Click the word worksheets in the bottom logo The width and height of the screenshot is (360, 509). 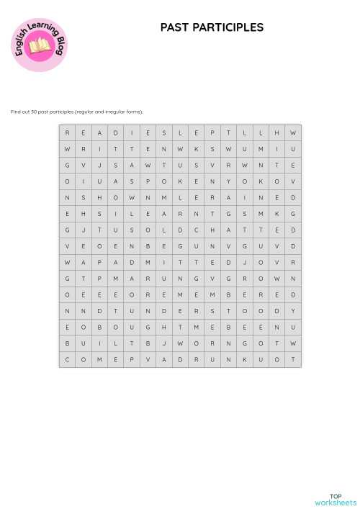tap(336, 502)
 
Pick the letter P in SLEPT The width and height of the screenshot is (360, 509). tap(212, 133)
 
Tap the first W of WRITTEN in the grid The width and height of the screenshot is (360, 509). tap(67, 149)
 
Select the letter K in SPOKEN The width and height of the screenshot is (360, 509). tap(180, 181)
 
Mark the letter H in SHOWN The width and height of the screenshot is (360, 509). tap(99, 197)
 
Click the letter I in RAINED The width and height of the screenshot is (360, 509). tap(244, 197)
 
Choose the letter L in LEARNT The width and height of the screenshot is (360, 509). tap(131, 214)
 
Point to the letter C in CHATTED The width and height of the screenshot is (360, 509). tap(196, 230)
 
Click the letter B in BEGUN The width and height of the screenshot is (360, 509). tap(148, 246)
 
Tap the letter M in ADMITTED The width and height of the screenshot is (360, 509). tap(148, 262)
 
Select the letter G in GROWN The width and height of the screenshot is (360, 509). tap(228, 278)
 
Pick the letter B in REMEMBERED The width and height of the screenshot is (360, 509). tap(228, 294)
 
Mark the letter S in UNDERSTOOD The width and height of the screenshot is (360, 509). tap(212, 310)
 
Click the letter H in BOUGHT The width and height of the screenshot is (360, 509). tap(163, 326)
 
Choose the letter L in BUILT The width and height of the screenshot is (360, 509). tap(115, 343)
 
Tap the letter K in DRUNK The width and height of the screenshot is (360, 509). tap(244, 359)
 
